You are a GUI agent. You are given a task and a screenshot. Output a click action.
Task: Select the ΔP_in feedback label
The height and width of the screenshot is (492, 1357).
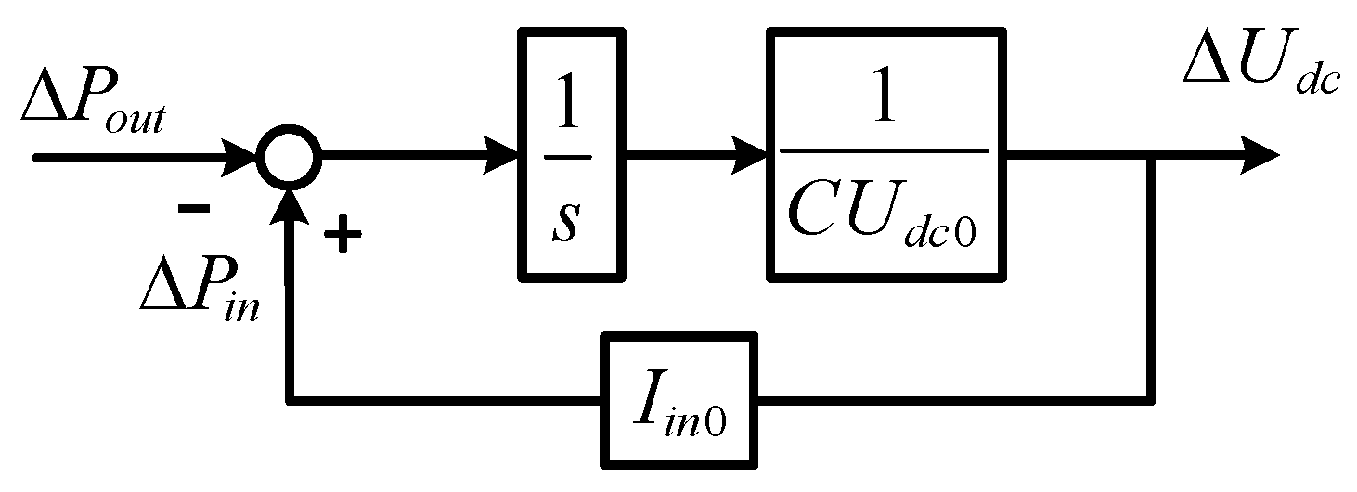point(200,290)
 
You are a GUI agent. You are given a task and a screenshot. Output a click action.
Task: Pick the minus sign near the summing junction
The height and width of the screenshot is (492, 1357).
point(194,210)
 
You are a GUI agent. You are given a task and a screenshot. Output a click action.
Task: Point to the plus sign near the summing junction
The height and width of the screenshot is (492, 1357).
point(342,238)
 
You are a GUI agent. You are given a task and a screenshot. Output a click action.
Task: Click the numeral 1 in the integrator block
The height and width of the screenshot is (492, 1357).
point(568,100)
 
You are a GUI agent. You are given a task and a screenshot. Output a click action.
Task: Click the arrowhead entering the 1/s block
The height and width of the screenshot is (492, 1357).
point(501,156)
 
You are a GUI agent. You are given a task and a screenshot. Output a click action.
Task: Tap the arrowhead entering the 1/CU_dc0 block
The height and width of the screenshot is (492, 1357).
point(750,156)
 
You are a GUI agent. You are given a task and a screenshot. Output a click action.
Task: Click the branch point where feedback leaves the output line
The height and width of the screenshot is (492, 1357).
point(1152,156)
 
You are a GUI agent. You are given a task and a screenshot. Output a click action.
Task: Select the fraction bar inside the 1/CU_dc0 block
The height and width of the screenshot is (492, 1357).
point(885,149)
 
